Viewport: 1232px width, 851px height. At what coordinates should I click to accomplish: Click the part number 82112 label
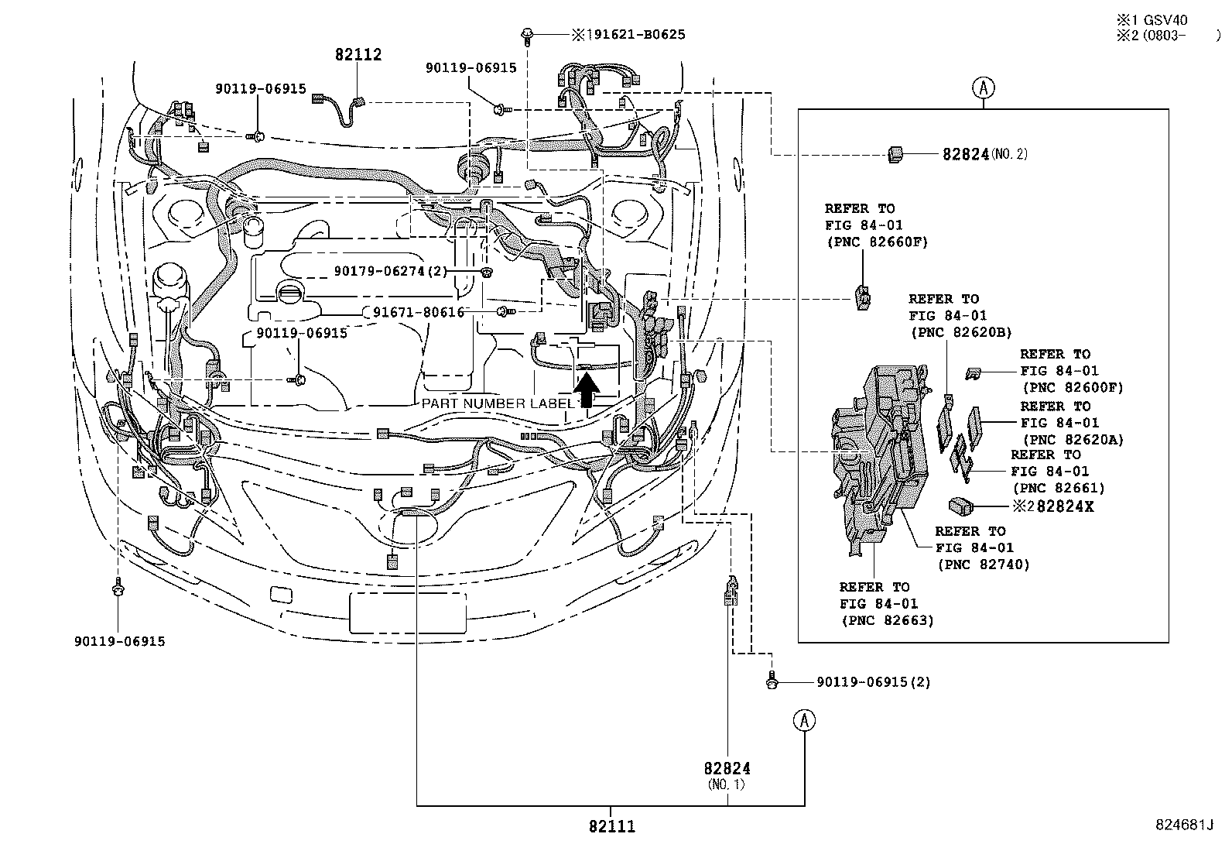click(x=358, y=55)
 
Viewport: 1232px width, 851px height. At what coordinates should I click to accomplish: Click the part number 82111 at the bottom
click(x=611, y=826)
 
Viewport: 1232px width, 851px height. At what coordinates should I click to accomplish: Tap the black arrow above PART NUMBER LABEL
click(x=587, y=389)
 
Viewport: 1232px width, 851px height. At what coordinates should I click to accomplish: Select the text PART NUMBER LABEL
click(x=498, y=403)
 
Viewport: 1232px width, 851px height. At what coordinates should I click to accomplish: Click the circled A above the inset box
click(x=984, y=88)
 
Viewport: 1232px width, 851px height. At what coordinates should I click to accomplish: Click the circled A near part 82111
click(x=804, y=720)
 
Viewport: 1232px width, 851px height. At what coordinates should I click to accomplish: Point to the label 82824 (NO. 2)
click(x=984, y=154)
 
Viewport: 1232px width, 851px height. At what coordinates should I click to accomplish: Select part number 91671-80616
click(x=419, y=312)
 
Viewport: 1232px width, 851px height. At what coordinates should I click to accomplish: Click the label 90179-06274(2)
click(x=391, y=271)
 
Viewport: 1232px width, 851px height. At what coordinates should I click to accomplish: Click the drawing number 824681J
click(x=1182, y=825)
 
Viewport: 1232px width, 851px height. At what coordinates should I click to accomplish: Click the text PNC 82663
click(x=887, y=620)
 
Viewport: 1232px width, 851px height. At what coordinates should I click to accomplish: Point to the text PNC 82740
click(x=983, y=564)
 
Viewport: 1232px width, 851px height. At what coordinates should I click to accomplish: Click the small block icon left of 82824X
click(x=960, y=506)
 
